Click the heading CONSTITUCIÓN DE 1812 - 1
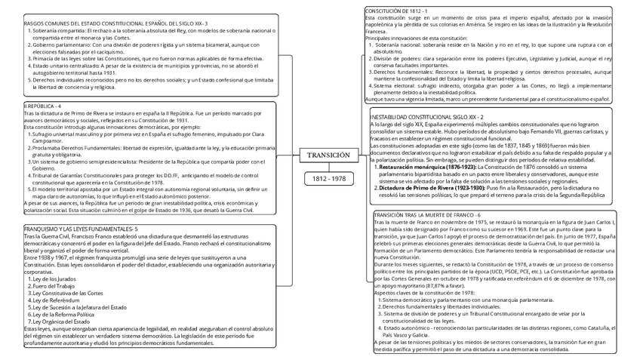point(397,11)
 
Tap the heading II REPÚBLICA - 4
point(43,106)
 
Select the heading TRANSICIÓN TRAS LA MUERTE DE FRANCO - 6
point(427,216)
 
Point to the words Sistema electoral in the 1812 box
point(394,85)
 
